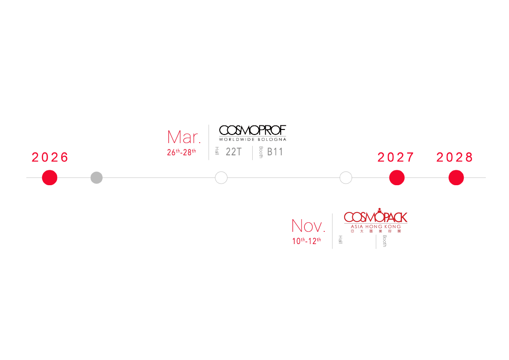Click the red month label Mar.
(x=183, y=137)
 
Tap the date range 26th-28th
(x=181, y=152)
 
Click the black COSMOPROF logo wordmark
(x=252, y=130)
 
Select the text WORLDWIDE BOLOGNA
(x=252, y=139)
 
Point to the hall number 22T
(x=234, y=152)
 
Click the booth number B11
(x=275, y=152)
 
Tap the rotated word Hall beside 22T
(x=217, y=151)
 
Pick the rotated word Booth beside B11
(x=261, y=152)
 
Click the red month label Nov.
(x=308, y=226)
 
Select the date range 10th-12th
(x=306, y=241)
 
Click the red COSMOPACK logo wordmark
(x=375, y=217)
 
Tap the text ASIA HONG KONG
(x=375, y=226)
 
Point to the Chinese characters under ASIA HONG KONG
(x=375, y=231)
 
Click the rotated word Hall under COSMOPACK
(x=341, y=240)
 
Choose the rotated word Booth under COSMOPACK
(x=384, y=240)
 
